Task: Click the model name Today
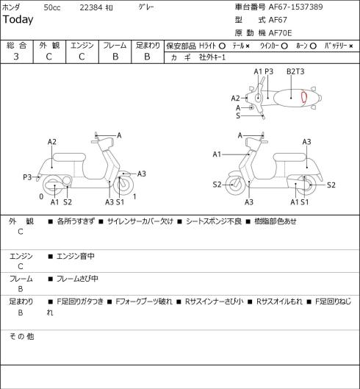pyautogui.click(x=18, y=20)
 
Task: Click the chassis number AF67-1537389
pyautogui.click(x=296, y=7)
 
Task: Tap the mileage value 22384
pyautogui.click(x=91, y=7)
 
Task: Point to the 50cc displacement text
pyautogui.click(x=52, y=7)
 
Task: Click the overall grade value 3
pyautogui.click(x=16, y=57)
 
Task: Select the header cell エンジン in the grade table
pyautogui.click(x=82, y=46)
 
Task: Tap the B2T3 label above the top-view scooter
pyautogui.click(x=295, y=71)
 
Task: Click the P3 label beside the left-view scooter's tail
pyautogui.click(x=27, y=177)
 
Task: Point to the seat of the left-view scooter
pyautogui.click(x=69, y=157)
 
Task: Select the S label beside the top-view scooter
pyautogui.click(x=238, y=115)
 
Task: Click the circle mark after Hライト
pyautogui.click(x=222, y=46)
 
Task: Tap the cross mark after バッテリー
pyautogui.click(x=351, y=46)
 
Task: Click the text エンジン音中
pyautogui.click(x=76, y=256)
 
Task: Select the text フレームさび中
pyautogui.click(x=77, y=279)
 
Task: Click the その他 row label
pyautogui.click(x=21, y=336)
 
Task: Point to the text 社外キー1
pyautogui.click(x=212, y=57)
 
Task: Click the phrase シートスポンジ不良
pyautogui.click(x=214, y=221)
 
